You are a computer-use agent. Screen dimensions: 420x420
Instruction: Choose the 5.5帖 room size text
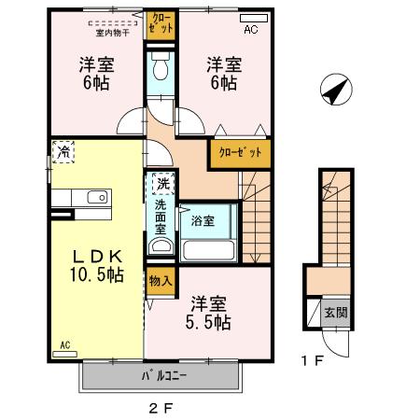[x=207, y=314]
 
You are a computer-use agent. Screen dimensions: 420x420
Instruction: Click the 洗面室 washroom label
[x=161, y=216]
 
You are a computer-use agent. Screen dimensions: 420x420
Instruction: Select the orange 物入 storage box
[x=160, y=281]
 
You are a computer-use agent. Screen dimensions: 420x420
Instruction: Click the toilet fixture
[x=161, y=71]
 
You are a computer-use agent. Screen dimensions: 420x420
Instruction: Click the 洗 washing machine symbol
[x=162, y=184]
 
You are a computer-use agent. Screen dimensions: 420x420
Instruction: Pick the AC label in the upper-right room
[x=251, y=30]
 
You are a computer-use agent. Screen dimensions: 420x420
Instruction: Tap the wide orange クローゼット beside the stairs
[x=241, y=152]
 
